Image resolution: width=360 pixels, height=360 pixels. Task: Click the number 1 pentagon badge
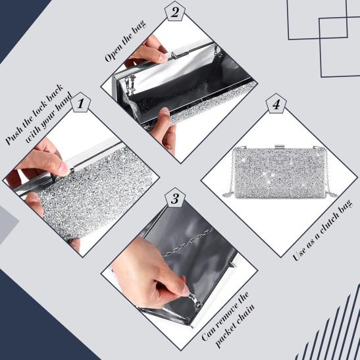coord(80,103)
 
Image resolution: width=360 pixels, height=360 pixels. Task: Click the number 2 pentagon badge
coord(175,12)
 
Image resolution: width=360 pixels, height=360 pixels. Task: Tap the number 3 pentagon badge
coord(175,198)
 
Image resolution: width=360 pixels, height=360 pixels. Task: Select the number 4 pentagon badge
coord(276,104)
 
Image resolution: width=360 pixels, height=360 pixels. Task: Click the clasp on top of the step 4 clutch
coord(279,147)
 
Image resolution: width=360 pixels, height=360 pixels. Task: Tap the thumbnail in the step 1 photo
coord(64,167)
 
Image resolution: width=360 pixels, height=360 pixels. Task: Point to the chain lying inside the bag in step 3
coord(188,242)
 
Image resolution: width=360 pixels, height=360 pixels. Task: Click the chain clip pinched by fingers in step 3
coord(195,299)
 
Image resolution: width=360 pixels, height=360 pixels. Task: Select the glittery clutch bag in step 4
coord(279,172)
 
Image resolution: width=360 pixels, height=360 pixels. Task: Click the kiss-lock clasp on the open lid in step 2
coord(178,54)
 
